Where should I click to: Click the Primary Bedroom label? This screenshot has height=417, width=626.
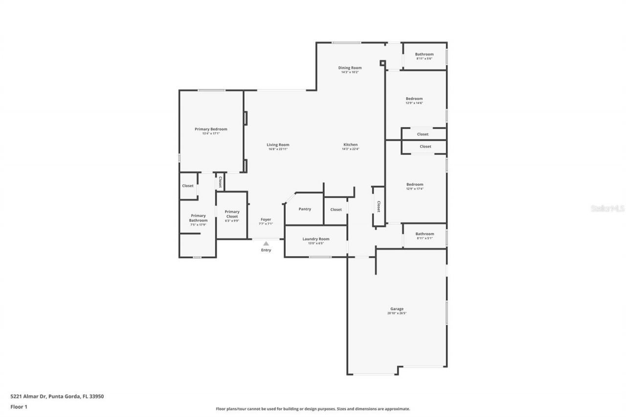211,129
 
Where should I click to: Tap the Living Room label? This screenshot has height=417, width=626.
278,145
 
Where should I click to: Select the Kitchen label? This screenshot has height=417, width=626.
350,145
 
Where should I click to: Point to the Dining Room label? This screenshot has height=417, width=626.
350,68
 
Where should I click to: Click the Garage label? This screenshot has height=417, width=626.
397,309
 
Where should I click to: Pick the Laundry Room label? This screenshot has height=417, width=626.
315,239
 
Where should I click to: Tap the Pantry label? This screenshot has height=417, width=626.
305,209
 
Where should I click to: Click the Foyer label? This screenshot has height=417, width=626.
266,219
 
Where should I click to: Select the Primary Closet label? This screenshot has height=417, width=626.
232,214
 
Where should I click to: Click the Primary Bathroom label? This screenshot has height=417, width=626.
198,218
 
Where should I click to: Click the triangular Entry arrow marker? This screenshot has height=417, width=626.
266,243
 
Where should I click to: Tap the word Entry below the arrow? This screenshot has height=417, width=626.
266,250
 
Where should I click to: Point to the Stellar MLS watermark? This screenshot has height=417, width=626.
608,208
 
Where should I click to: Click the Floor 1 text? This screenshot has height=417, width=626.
19,406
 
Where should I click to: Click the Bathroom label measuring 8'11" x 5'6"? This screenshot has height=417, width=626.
424,54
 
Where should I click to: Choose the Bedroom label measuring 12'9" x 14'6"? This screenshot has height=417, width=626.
414,99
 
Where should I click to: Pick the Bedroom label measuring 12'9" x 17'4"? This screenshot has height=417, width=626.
415,184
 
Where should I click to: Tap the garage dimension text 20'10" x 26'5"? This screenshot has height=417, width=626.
397,313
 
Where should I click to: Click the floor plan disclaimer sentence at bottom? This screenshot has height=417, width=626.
313,409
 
